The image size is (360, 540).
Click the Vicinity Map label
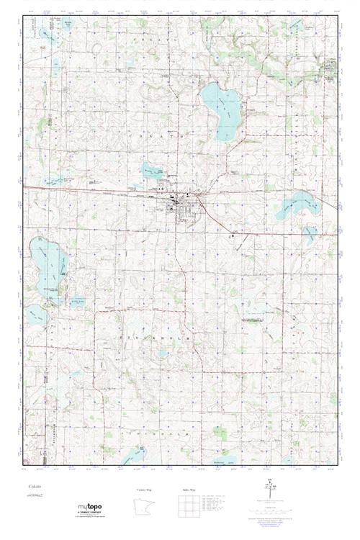pyautogui.click(x=145, y=490)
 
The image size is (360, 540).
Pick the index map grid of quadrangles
pyautogui.click(x=186, y=507)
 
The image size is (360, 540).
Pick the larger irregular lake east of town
pyautogui.click(x=295, y=204)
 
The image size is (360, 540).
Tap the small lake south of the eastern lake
pyautogui.click(x=309, y=234)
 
